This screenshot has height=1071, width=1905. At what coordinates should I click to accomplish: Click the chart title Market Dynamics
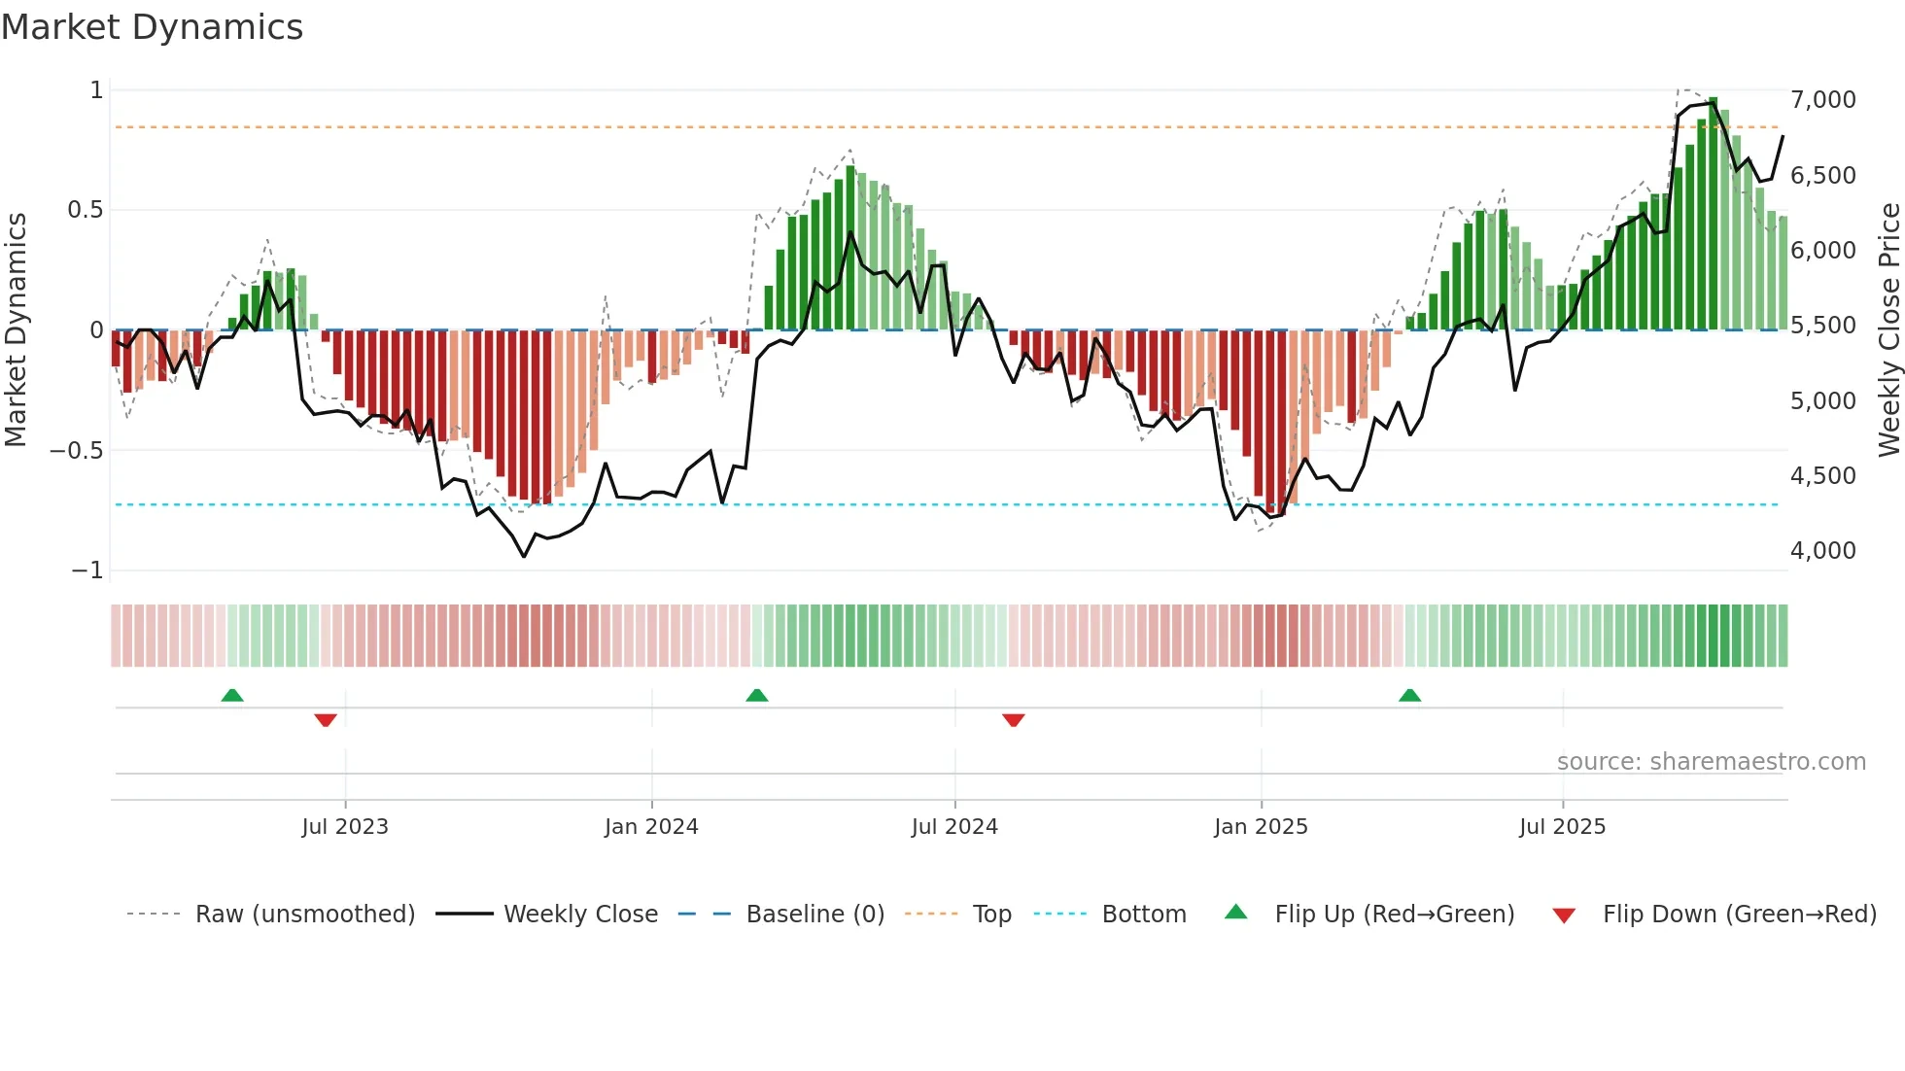(152, 27)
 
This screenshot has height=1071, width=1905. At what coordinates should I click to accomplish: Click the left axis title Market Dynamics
(16, 329)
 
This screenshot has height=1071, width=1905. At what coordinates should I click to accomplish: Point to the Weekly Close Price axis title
(1888, 329)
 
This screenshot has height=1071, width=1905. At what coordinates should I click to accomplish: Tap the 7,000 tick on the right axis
(1822, 100)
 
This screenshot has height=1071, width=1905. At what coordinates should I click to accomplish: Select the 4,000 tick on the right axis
(1822, 551)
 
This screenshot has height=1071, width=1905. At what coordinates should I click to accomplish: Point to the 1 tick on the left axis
(96, 90)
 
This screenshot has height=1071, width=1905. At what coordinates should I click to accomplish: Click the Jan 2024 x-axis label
(651, 827)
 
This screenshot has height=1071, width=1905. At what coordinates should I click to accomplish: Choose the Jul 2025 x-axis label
(1562, 827)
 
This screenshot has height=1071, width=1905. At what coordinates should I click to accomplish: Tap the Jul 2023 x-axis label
(345, 827)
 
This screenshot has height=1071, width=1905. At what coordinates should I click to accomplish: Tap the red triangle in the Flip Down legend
(1564, 916)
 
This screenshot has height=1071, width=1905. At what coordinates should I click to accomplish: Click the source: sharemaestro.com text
(1711, 762)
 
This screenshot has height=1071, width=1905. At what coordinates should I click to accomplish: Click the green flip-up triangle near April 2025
(1409, 696)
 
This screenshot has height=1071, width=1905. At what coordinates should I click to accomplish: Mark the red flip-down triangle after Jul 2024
(1013, 720)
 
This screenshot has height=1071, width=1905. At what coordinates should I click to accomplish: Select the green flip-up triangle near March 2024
(756, 696)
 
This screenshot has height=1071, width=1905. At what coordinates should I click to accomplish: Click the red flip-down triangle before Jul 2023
(326, 720)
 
